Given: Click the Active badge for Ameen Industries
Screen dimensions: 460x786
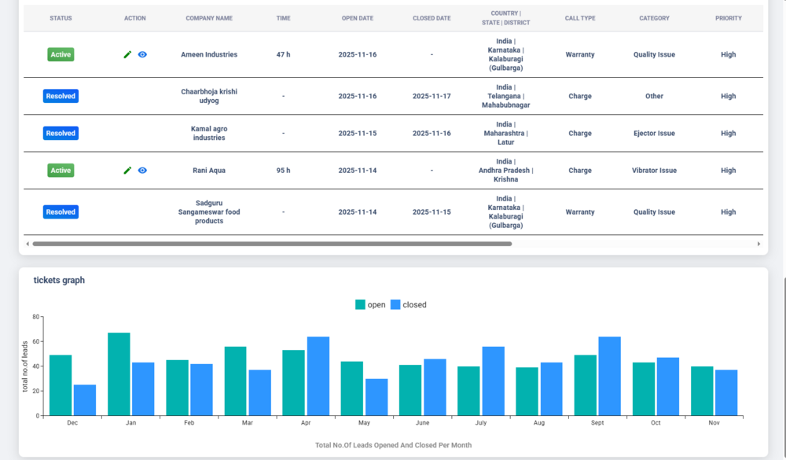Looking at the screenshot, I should point(61,55).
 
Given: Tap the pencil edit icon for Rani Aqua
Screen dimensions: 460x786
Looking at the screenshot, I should point(127,171).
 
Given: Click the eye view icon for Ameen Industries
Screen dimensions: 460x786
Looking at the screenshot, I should point(142,55).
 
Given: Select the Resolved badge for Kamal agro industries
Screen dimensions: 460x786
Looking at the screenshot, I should point(61,134).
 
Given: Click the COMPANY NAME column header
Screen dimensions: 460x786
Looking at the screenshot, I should point(209,18).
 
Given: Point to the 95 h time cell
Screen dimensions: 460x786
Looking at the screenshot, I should point(283,171).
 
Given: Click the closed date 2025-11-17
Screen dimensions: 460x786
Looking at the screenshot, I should point(432,97).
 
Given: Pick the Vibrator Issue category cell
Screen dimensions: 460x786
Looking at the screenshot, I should point(654,171).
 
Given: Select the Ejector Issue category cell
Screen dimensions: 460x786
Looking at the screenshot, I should point(654,134).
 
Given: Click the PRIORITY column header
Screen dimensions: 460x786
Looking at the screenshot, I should point(728,18).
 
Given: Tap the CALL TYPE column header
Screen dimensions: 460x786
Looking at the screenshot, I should point(580,18).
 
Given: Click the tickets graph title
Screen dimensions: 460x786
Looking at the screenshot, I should point(59,281).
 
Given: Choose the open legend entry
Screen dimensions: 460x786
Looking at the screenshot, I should point(370,305).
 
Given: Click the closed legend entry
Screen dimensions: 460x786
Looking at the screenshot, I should point(408,305).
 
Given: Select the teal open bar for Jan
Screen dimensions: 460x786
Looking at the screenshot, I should point(119,374).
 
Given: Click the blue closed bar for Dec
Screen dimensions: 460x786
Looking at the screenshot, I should point(85,400).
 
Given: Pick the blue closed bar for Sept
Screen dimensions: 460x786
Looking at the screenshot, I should point(609,376).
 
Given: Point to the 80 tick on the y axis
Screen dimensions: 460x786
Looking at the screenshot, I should point(35,317).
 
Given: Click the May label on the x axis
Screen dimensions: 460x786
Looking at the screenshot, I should point(364,423).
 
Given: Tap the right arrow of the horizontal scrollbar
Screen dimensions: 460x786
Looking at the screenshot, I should point(758,244).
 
